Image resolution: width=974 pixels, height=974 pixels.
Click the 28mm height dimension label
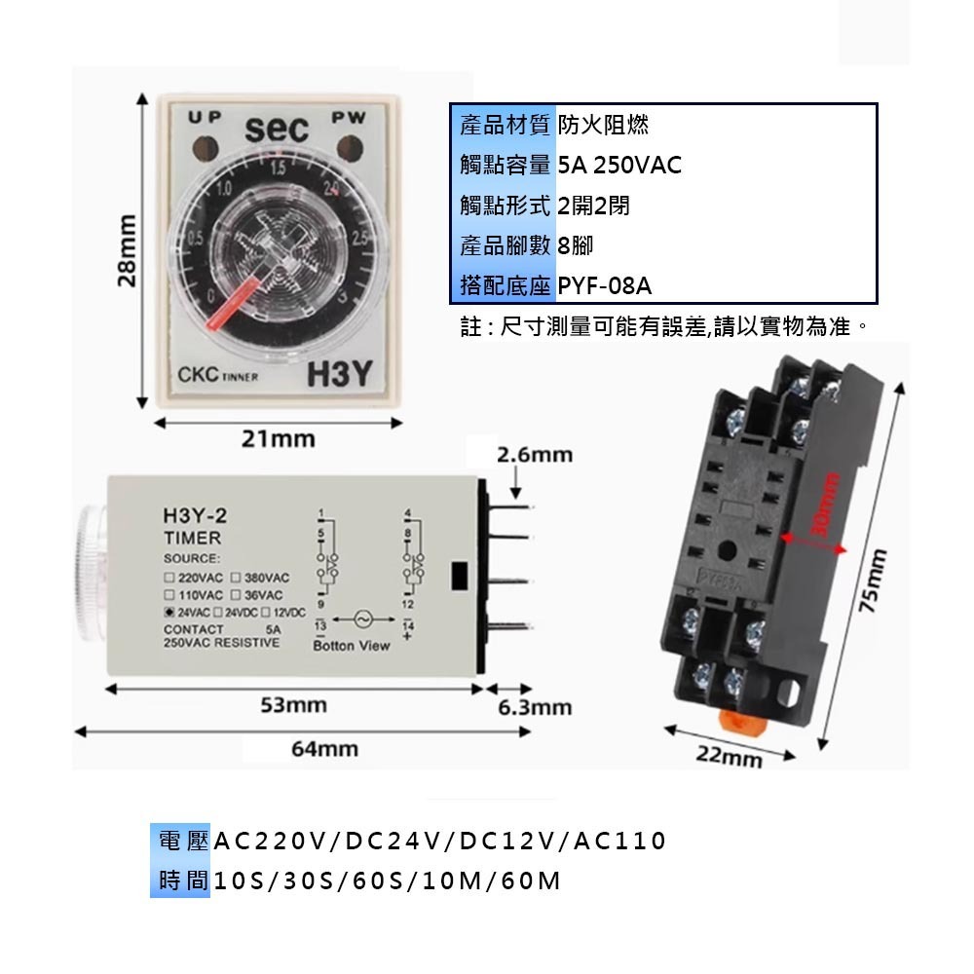(127, 251)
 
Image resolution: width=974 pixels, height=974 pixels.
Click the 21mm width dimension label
(279, 438)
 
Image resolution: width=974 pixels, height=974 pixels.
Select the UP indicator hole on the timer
(206, 148)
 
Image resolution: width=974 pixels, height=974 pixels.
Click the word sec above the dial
(276, 129)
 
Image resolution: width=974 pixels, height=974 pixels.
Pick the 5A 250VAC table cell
(619, 165)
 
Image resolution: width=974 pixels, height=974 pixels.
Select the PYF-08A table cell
(604, 286)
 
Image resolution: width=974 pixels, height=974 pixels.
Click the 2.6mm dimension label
(535, 455)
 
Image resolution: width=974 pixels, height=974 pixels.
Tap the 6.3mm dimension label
(535, 707)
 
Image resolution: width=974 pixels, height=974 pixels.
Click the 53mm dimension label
(293, 704)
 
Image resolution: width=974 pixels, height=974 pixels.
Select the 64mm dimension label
(324, 749)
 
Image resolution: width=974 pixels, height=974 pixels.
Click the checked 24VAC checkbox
(169, 612)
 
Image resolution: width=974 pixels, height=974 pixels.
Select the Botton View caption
(352, 646)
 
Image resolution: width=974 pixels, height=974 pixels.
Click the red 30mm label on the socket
(825, 506)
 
